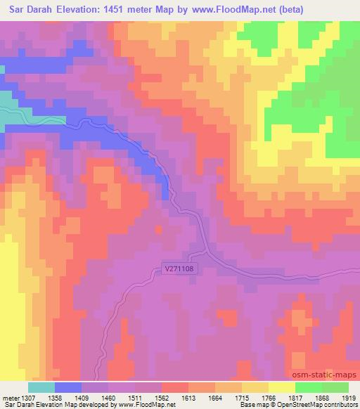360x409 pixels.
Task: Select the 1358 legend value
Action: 67,397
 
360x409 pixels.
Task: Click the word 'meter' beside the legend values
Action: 10,397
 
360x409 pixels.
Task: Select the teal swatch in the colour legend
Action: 41,387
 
